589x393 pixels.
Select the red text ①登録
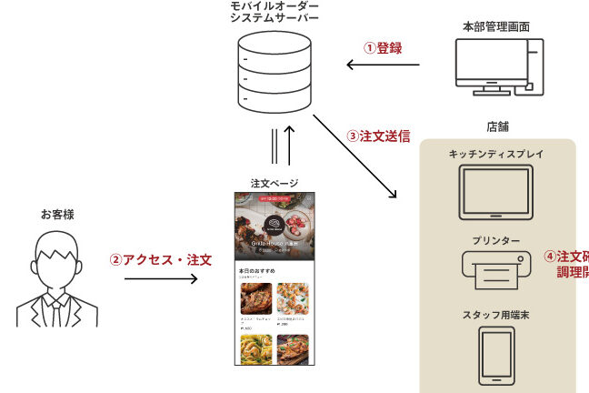382,48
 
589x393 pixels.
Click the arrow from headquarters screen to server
382,65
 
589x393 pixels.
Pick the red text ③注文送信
378,136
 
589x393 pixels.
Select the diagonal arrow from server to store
357,156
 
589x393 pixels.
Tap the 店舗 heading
496,126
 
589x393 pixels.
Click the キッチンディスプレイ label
496,155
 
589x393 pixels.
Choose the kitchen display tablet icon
496,194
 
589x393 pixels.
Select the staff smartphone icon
496,357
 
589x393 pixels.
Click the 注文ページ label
275,184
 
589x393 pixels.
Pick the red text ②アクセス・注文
160,259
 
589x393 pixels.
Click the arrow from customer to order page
160,278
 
